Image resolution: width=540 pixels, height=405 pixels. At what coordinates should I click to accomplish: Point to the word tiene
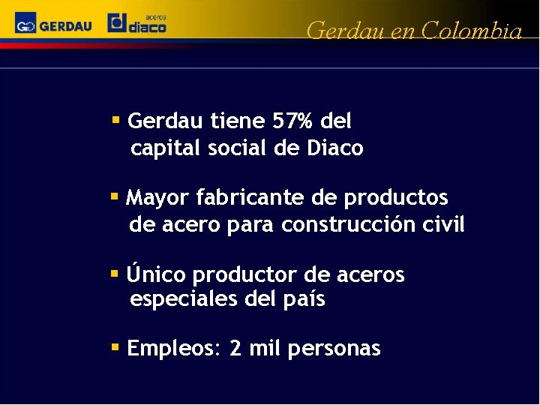[239, 121]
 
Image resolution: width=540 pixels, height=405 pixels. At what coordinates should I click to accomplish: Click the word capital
[165, 148]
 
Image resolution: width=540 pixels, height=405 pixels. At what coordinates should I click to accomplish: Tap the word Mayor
[158, 198]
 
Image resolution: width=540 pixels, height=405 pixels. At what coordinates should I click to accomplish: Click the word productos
[396, 198]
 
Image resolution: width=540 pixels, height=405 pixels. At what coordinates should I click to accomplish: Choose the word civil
[446, 224]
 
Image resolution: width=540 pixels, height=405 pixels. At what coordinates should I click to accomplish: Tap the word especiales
[184, 300]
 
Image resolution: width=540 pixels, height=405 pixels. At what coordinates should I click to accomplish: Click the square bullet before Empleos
[115, 347]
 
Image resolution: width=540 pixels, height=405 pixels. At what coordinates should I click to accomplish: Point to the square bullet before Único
[115, 274]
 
